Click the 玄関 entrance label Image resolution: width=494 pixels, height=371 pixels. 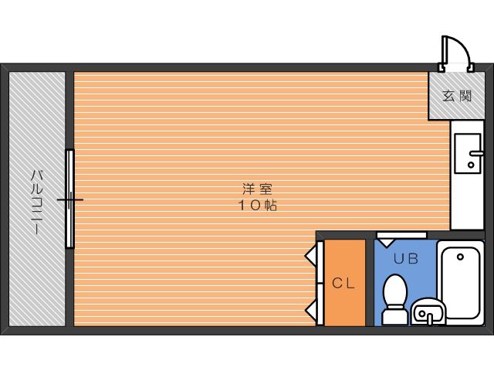(x=457, y=96)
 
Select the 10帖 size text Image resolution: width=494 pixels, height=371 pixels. (x=257, y=206)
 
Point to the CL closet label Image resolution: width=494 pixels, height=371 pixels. (x=343, y=284)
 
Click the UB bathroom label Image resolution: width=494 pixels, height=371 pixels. (x=406, y=259)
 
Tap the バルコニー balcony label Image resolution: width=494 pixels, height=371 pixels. (x=37, y=203)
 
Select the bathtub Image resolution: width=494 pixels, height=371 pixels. (x=461, y=282)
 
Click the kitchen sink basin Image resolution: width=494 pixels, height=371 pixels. (x=468, y=153)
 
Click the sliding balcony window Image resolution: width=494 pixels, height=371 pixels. (x=70, y=199)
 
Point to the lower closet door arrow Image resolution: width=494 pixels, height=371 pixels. (x=310, y=308)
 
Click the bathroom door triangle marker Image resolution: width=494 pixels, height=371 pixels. (x=386, y=243)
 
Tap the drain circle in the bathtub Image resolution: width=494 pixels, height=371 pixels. (x=460, y=257)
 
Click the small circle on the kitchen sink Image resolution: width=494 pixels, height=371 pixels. (x=471, y=165)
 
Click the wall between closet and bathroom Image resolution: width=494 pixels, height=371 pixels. (x=370, y=282)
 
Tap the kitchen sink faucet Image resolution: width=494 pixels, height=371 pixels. (x=476, y=154)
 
